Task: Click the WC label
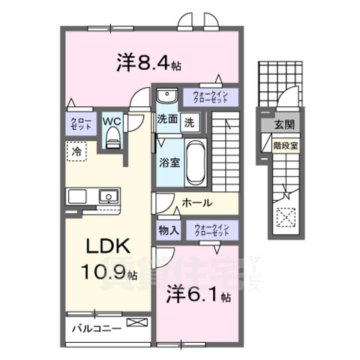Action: [112, 119]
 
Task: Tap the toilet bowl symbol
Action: [113, 136]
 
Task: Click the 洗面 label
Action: [166, 119]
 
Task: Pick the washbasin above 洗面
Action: [165, 96]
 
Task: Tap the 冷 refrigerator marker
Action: [76, 151]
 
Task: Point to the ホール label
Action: [197, 202]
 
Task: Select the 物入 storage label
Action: [168, 230]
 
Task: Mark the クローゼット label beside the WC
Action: [81, 124]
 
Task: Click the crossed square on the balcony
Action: [138, 323]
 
